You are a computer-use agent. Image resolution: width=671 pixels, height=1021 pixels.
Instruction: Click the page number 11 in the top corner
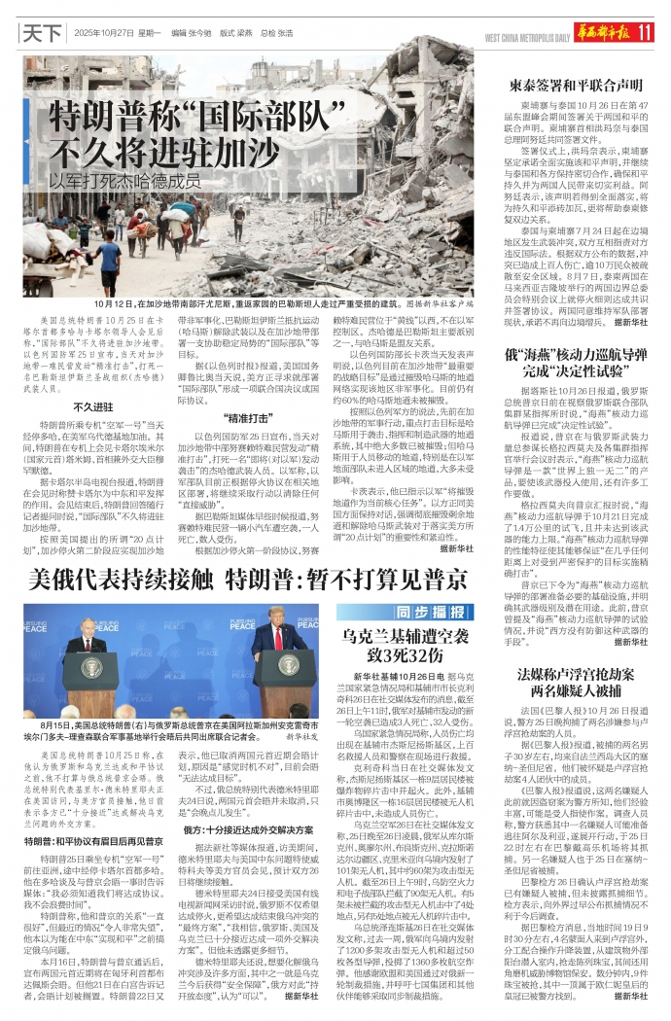tap(643, 31)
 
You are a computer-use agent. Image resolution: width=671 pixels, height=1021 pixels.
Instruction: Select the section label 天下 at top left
tap(42, 32)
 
